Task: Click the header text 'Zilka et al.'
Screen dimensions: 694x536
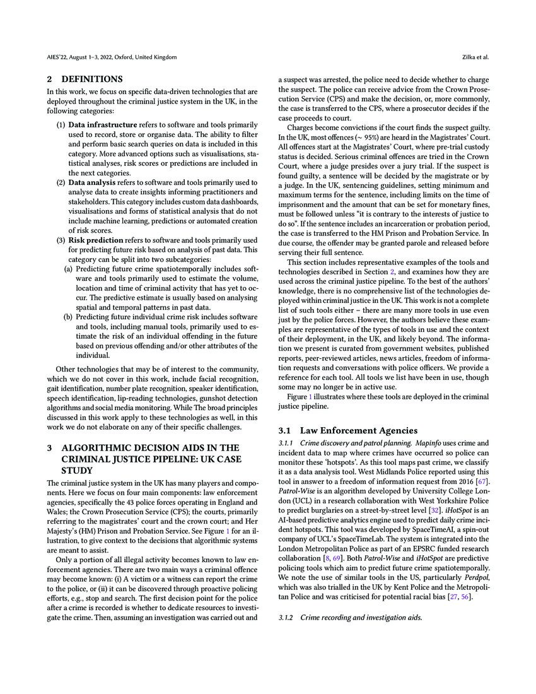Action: coord(475,57)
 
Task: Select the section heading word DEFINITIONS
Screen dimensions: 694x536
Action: coord(92,79)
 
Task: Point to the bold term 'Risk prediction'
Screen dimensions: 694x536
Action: coord(97,240)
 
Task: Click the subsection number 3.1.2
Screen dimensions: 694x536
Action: coord(287,616)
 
